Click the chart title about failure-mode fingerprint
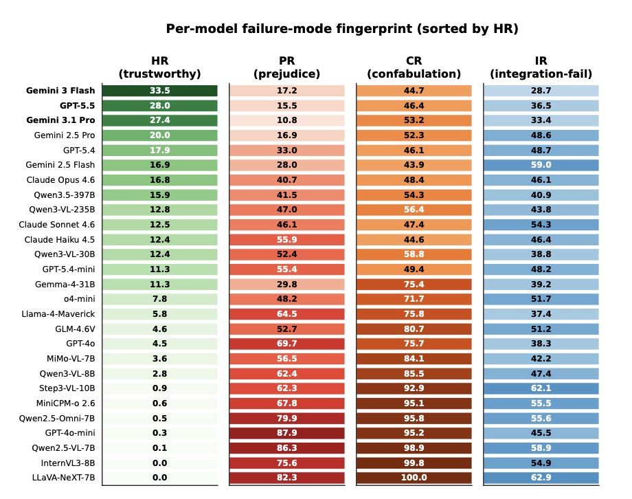[x=342, y=29]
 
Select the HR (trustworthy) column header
[x=159, y=67]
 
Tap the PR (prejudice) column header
[x=286, y=67]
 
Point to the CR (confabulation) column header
[x=414, y=67]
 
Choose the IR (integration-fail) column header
[x=541, y=67]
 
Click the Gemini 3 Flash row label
[x=60, y=91]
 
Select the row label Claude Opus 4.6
[x=60, y=180]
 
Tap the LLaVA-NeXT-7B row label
[x=63, y=478]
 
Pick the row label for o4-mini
[x=80, y=299]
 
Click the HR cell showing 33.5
[x=160, y=91]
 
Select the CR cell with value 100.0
[x=414, y=478]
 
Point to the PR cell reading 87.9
[x=287, y=433]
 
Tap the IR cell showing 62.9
[x=541, y=478]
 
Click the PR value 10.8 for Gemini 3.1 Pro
[x=287, y=120]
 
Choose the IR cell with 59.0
[x=541, y=165]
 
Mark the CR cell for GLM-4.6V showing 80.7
[x=414, y=329]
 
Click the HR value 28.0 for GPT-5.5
[x=160, y=106]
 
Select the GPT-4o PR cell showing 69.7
[x=287, y=344]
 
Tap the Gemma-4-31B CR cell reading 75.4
[x=414, y=285]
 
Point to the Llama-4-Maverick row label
[x=58, y=314]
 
